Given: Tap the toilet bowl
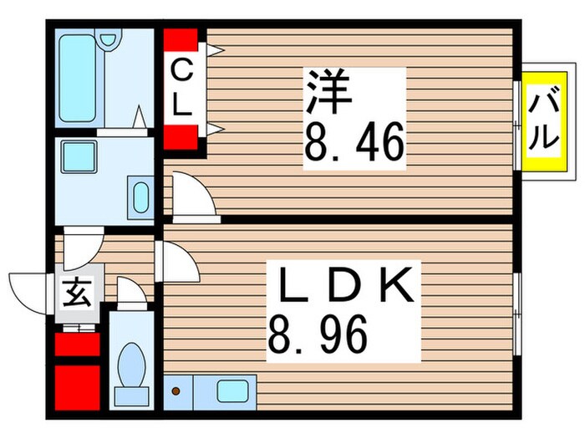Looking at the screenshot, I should (130, 365).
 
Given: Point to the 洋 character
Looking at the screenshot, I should (328, 92).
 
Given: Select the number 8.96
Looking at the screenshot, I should (317, 337).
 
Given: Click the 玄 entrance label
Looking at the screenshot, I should (76, 294).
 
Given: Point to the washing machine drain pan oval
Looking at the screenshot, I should (140, 199).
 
